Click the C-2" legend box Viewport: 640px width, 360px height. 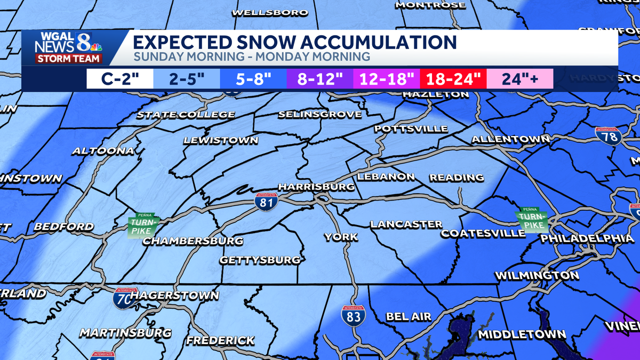click(x=120, y=79)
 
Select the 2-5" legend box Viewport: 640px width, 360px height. click(x=187, y=79)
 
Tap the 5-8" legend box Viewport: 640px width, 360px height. click(x=253, y=79)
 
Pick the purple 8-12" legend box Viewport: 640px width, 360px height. click(x=319, y=79)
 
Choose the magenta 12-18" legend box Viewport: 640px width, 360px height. click(x=387, y=79)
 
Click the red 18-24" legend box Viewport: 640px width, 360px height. click(x=453, y=79)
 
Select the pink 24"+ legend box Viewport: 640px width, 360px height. click(x=519, y=79)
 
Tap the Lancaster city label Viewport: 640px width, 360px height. click(x=406, y=225)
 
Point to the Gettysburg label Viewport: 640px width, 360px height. click(x=260, y=260)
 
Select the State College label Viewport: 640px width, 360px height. click(x=186, y=115)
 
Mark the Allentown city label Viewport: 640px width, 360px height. click(x=510, y=139)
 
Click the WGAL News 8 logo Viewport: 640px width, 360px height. click(x=69, y=48)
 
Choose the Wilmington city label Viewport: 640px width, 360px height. click(x=537, y=276)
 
